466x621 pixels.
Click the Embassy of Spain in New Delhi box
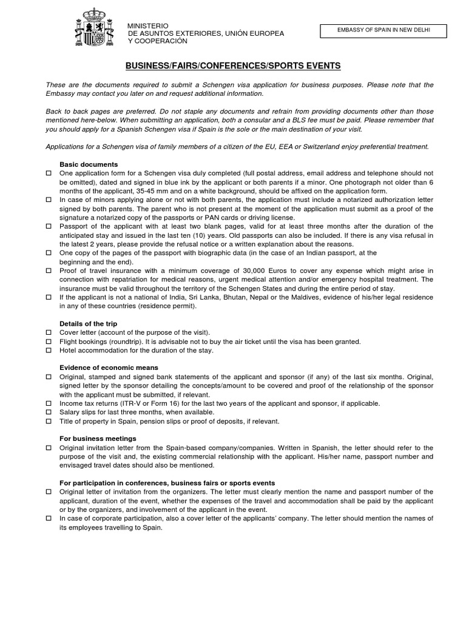[383, 30]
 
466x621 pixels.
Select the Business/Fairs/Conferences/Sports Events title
[233, 65]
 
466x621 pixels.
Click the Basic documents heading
[89, 164]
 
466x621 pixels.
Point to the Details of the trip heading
[88, 324]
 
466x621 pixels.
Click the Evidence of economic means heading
[109, 368]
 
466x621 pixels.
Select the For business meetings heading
[98, 438]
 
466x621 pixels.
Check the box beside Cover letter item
[49, 333]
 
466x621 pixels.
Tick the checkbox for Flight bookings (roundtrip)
[49, 342]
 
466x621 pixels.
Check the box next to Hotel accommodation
[49, 351]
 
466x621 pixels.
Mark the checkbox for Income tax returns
[49, 403]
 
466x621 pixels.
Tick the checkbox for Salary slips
[49, 412]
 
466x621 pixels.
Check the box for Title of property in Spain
[49, 421]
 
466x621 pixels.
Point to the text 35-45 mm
[163, 190]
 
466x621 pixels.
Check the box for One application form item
[49, 173]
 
